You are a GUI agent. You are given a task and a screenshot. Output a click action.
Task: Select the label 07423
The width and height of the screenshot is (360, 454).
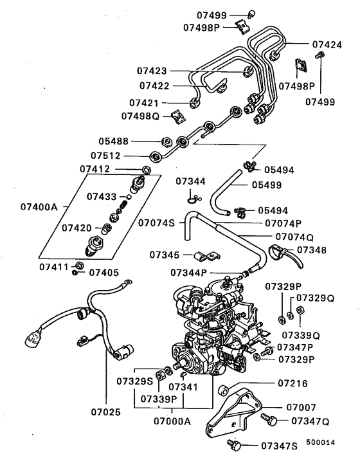(x=152, y=70)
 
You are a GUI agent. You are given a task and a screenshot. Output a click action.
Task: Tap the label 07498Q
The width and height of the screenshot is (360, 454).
(x=139, y=116)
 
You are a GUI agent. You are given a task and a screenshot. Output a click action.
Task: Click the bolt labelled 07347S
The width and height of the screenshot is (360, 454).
(x=235, y=444)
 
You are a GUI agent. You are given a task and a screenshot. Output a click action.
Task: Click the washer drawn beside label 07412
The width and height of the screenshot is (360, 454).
(x=147, y=170)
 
